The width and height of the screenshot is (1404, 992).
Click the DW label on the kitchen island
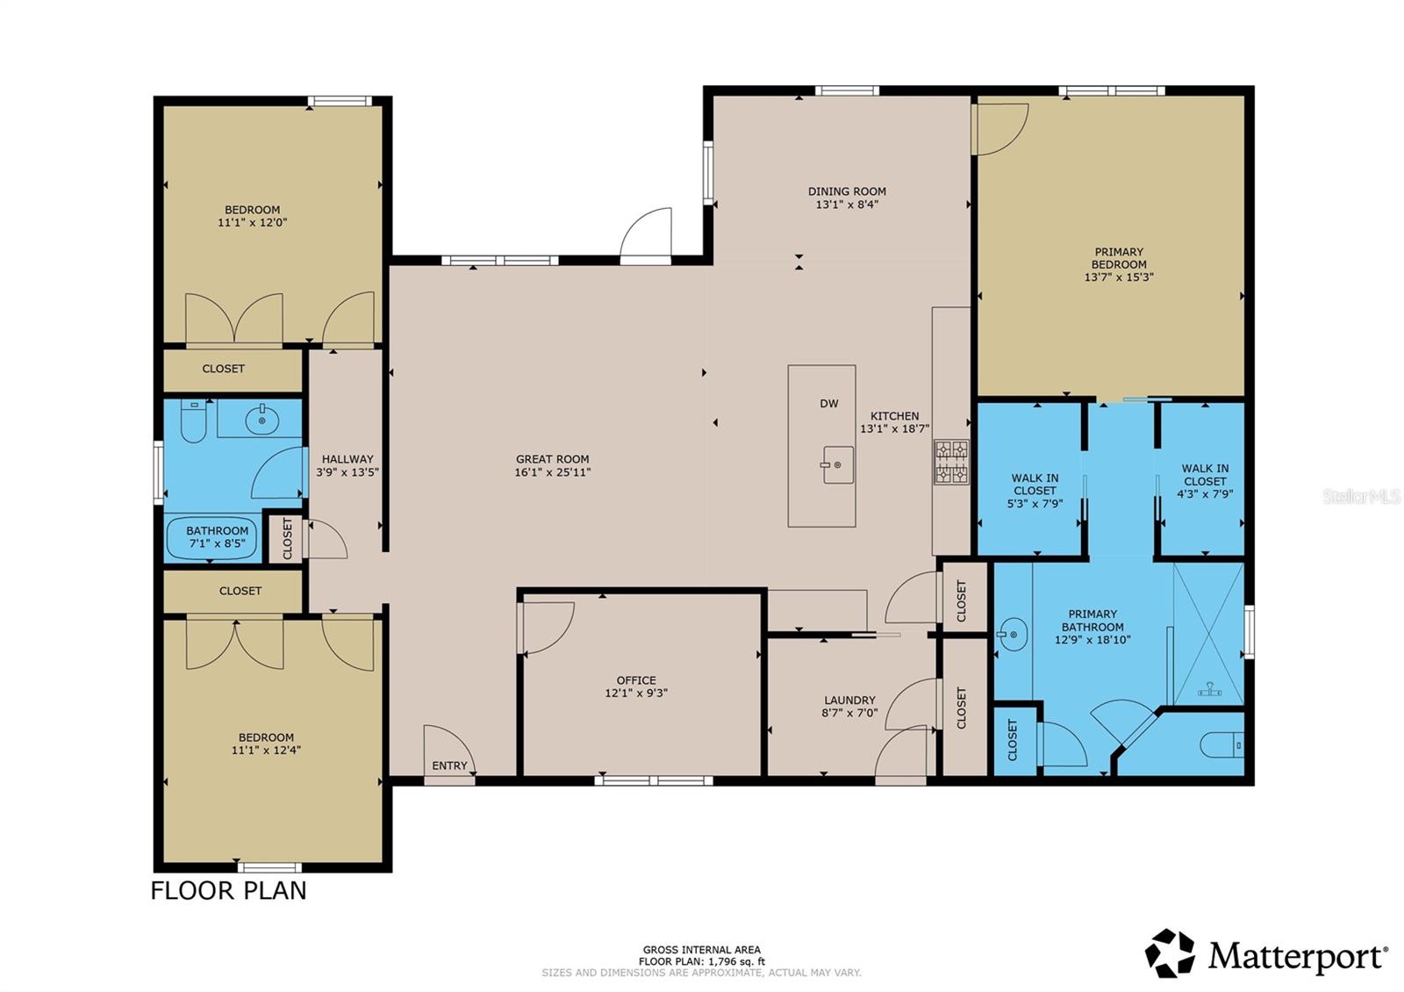coord(828,404)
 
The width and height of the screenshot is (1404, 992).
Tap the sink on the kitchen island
coord(837,464)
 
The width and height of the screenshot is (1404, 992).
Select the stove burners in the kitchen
coord(951,462)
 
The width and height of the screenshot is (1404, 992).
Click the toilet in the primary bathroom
coord(1221,745)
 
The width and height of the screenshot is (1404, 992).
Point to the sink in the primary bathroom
coord(1012,634)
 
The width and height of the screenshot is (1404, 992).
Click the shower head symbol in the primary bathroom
coord(1209,690)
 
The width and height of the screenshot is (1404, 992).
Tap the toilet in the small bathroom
coord(192,421)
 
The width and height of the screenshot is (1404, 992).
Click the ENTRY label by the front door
coord(449,766)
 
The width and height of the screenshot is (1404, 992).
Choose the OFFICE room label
coord(636,679)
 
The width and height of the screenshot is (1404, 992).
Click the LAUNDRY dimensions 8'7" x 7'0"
coord(849,713)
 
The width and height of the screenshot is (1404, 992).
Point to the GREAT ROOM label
coord(552,458)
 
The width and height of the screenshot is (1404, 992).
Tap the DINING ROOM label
coord(847,190)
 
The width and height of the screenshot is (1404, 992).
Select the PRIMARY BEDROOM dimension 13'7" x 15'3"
coord(1119,277)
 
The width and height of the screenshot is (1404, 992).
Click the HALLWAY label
coord(347,458)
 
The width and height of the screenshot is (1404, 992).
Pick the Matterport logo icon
coord(1170,953)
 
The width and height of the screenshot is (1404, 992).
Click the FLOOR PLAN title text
coord(229,890)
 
